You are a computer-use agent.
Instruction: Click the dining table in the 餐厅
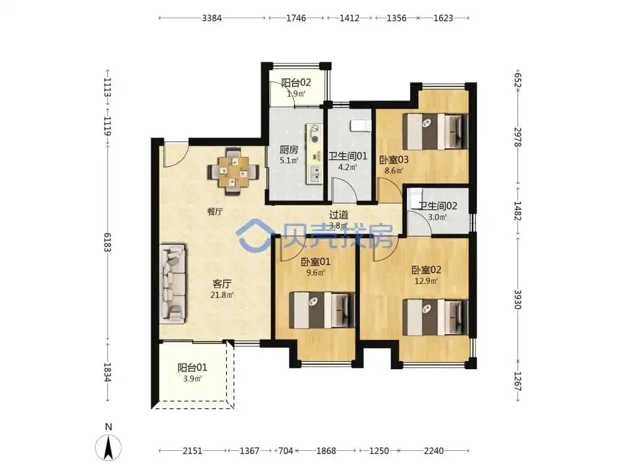(x=233, y=172)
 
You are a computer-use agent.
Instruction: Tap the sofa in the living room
(x=173, y=284)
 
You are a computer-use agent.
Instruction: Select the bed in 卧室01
(x=322, y=310)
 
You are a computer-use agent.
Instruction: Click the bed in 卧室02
(x=435, y=317)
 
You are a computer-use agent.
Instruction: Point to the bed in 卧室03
(x=435, y=131)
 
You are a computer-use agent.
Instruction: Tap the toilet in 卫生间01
(x=360, y=125)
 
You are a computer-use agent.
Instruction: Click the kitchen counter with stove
(x=315, y=154)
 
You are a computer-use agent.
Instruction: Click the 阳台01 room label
(x=192, y=367)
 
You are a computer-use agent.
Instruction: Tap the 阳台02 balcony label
(x=296, y=83)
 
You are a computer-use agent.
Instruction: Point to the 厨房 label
(x=289, y=150)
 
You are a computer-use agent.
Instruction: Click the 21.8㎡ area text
(x=222, y=295)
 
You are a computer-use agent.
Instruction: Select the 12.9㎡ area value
(x=426, y=281)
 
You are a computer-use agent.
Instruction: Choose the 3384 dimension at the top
(x=212, y=18)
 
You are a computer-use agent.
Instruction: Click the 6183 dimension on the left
(x=107, y=242)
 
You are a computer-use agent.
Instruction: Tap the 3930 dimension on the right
(x=517, y=300)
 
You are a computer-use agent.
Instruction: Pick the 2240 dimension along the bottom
(x=434, y=451)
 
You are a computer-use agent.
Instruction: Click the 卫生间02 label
(x=438, y=206)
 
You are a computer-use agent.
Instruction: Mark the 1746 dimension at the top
(x=296, y=18)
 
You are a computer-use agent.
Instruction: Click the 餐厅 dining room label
(x=215, y=212)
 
